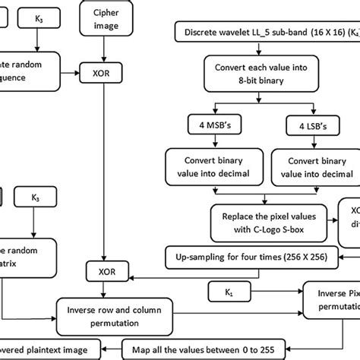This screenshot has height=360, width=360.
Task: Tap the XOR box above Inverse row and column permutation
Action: tap(106, 271)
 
